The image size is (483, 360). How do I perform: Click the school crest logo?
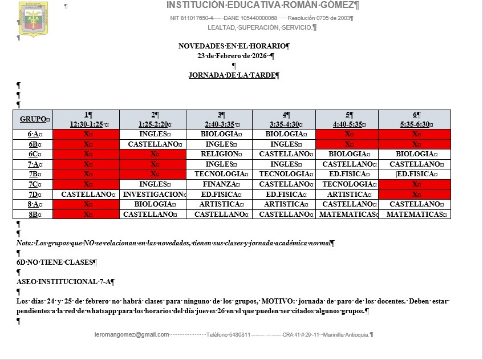33,19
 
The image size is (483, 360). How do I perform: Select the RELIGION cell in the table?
220,154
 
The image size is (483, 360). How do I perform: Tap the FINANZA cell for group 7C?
220,184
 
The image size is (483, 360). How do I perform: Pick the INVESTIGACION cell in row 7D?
153,195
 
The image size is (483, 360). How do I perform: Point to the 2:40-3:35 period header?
220,124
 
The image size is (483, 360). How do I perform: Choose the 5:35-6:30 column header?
415,124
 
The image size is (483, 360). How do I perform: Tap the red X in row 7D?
415,195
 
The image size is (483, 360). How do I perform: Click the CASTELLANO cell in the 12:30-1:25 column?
86,195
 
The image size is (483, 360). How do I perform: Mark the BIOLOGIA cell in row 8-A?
153,204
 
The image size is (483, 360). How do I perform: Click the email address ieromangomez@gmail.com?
132,334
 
